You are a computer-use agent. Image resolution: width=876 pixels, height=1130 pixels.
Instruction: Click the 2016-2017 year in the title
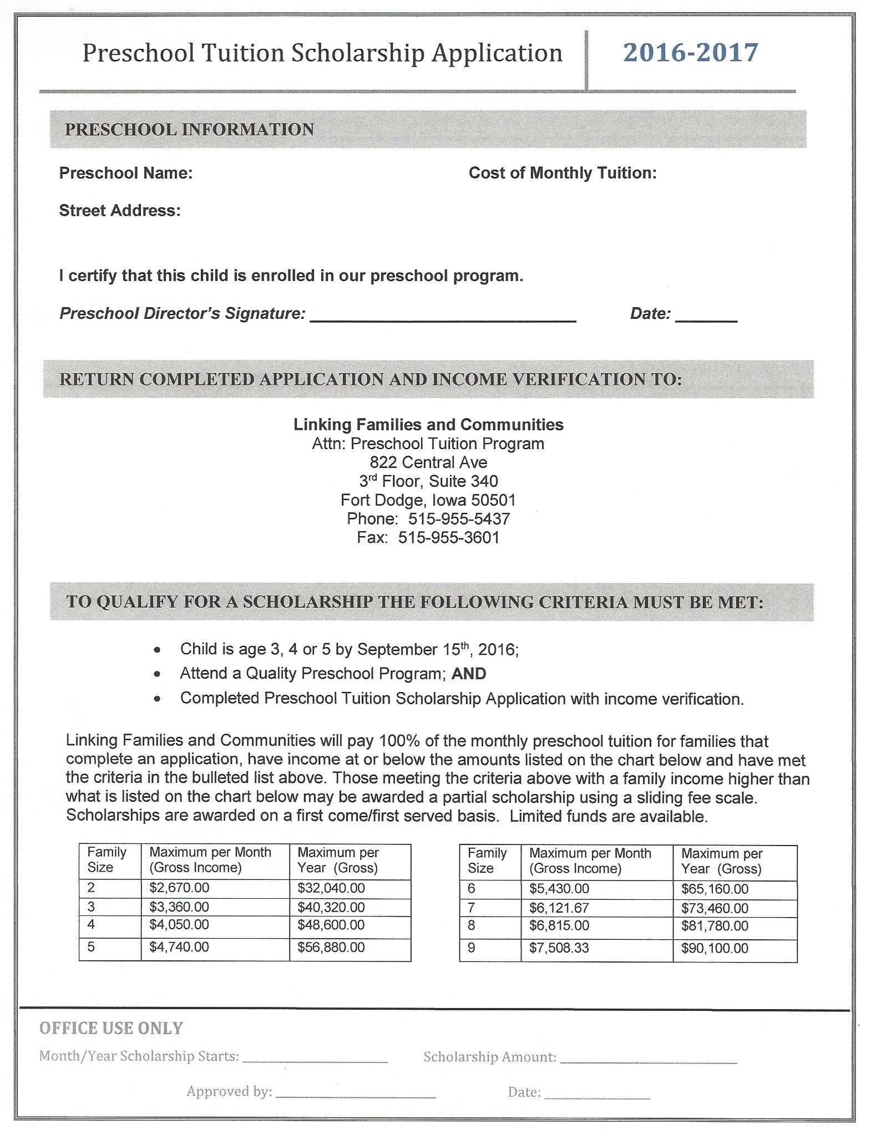690,53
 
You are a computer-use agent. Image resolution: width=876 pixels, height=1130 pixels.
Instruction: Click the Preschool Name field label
125,173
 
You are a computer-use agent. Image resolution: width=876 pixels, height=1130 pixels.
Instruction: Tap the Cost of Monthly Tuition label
562,173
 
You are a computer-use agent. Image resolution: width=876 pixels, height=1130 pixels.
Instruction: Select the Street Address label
120,211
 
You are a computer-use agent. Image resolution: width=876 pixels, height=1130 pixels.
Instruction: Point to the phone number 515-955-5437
459,519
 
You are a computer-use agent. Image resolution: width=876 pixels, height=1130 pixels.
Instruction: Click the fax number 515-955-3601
448,538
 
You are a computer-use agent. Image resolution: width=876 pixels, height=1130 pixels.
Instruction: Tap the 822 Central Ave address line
428,462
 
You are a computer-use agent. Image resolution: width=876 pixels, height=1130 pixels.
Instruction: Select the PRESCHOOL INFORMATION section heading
189,130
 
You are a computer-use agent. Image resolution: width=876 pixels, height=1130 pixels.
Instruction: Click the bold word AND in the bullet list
469,674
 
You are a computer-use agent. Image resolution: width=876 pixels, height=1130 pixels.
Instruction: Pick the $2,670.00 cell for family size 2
179,888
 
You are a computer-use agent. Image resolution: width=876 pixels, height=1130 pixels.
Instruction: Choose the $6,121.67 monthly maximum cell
559,908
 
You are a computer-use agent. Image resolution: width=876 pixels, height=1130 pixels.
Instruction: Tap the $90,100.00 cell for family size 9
715,948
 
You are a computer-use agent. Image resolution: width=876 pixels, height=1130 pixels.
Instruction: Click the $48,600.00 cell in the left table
331,925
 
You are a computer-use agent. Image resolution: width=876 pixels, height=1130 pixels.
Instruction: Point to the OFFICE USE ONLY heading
111,1029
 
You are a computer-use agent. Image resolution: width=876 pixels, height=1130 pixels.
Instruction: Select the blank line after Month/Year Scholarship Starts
315,1060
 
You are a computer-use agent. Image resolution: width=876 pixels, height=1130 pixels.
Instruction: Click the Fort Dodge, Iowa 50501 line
428,500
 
